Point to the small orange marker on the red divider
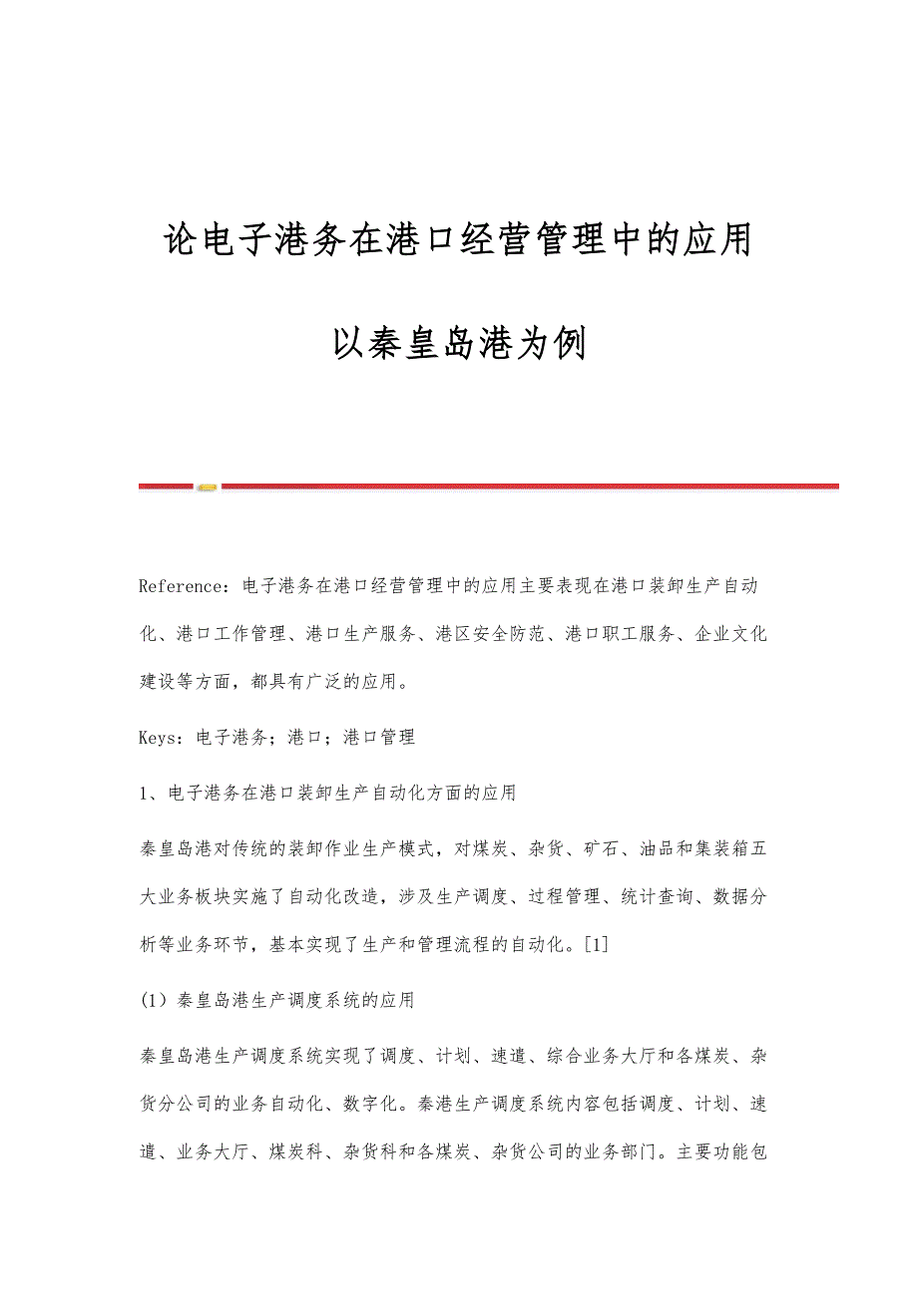pyautogui.click(x=207, y=487)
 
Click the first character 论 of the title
pyautogui.click(x=181, y=239)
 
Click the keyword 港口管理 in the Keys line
pyautogui.click(x=378, y=738)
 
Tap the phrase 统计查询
pyautogui.click(x=661, y=897)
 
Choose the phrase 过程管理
pyautogui.click(x=565, y=897)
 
